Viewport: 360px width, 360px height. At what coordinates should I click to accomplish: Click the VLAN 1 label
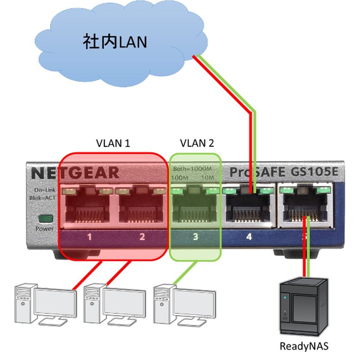click(x=113, y=144)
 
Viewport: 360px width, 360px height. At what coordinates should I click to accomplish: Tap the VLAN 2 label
click(x=197, y=144)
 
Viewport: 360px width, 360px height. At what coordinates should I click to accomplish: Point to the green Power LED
click(x=45, y=219)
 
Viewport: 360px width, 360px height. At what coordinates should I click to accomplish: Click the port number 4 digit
click(x=248, y=236)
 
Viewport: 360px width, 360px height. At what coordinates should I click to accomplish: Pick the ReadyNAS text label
click(x=304, y=346)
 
